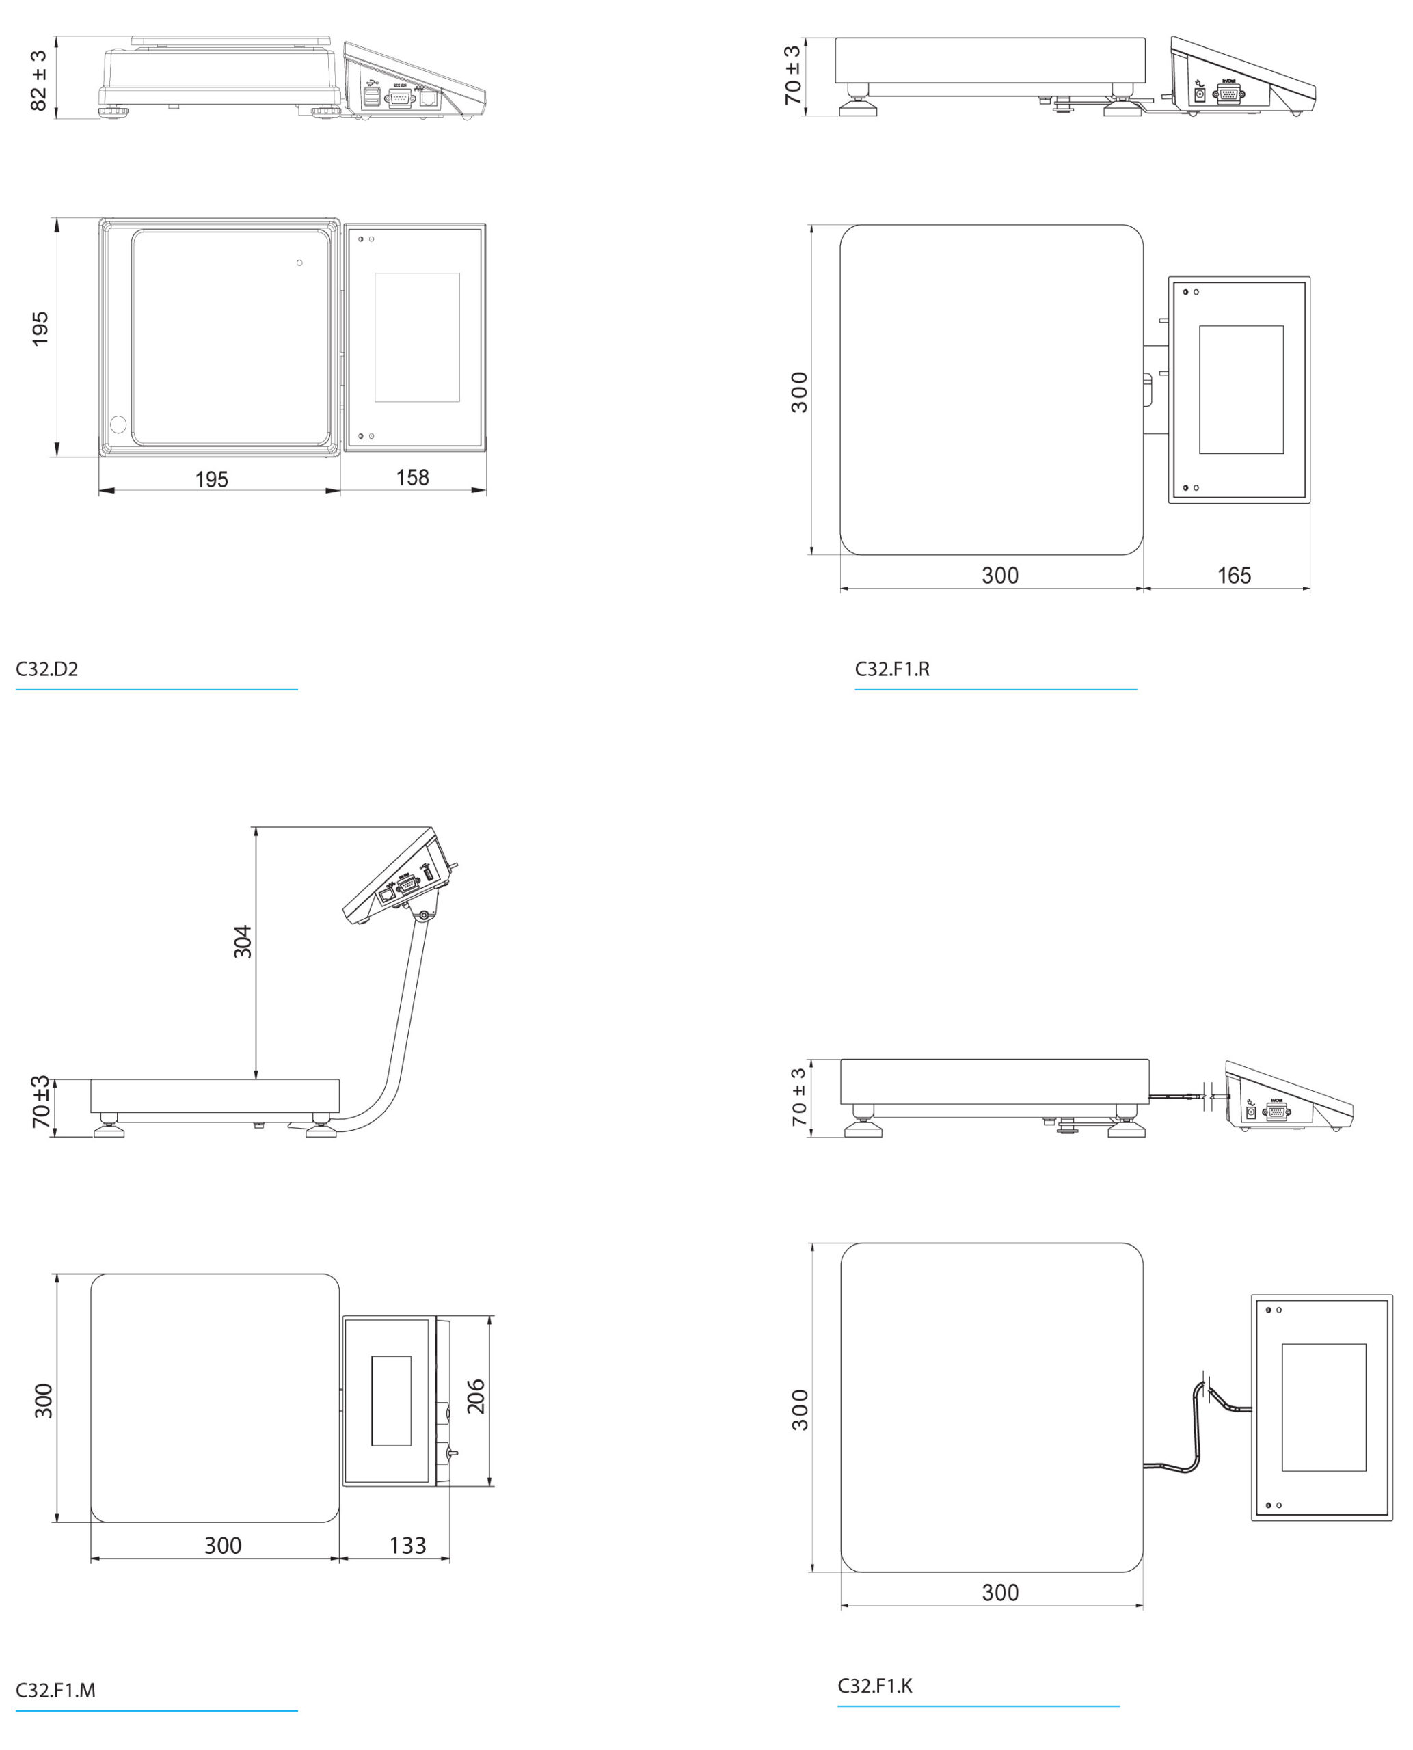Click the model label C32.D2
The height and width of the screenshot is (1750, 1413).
click(x=47, y=669)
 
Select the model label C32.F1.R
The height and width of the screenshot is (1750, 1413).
click(x=891, y=669)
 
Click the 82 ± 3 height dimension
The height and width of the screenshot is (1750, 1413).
click(x=38, y=80)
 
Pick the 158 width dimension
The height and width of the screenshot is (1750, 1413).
click(x=413, y=478)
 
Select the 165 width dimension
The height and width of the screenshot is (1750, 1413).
click(x=1233, y=576)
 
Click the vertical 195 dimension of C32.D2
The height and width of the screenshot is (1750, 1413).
click(x=40, y=329)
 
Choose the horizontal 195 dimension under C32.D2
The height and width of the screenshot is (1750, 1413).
click(x=212, y=479)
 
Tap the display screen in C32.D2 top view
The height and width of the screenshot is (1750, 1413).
click(x=417, y=337)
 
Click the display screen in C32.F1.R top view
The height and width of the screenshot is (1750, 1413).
click(x=1241, y=389)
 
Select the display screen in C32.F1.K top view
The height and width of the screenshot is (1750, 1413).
click(x=1323, y=1408)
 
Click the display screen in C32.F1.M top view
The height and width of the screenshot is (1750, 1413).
click(x=391, y=1401)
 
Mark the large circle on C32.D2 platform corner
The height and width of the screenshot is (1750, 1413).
click(x=118, y=424)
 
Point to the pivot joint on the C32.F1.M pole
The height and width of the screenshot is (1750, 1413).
click(x=423, y=916)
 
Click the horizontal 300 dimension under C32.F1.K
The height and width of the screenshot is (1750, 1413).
click(x=999, y=1592)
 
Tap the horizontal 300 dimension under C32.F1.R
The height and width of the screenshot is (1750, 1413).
click(x=999, y=576)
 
